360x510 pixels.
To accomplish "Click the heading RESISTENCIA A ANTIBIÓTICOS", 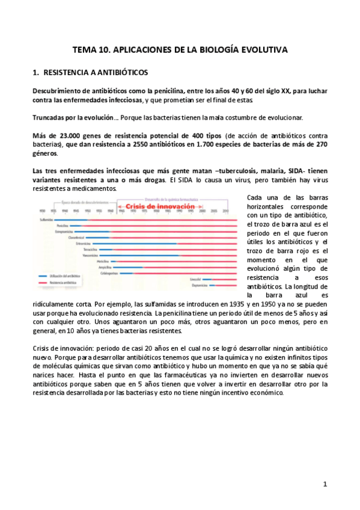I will click(96, 73).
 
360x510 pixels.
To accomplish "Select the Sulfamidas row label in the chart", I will click(47, 220).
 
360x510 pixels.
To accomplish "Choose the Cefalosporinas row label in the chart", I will click(108, 272).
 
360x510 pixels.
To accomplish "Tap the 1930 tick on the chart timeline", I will click(41, 212).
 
